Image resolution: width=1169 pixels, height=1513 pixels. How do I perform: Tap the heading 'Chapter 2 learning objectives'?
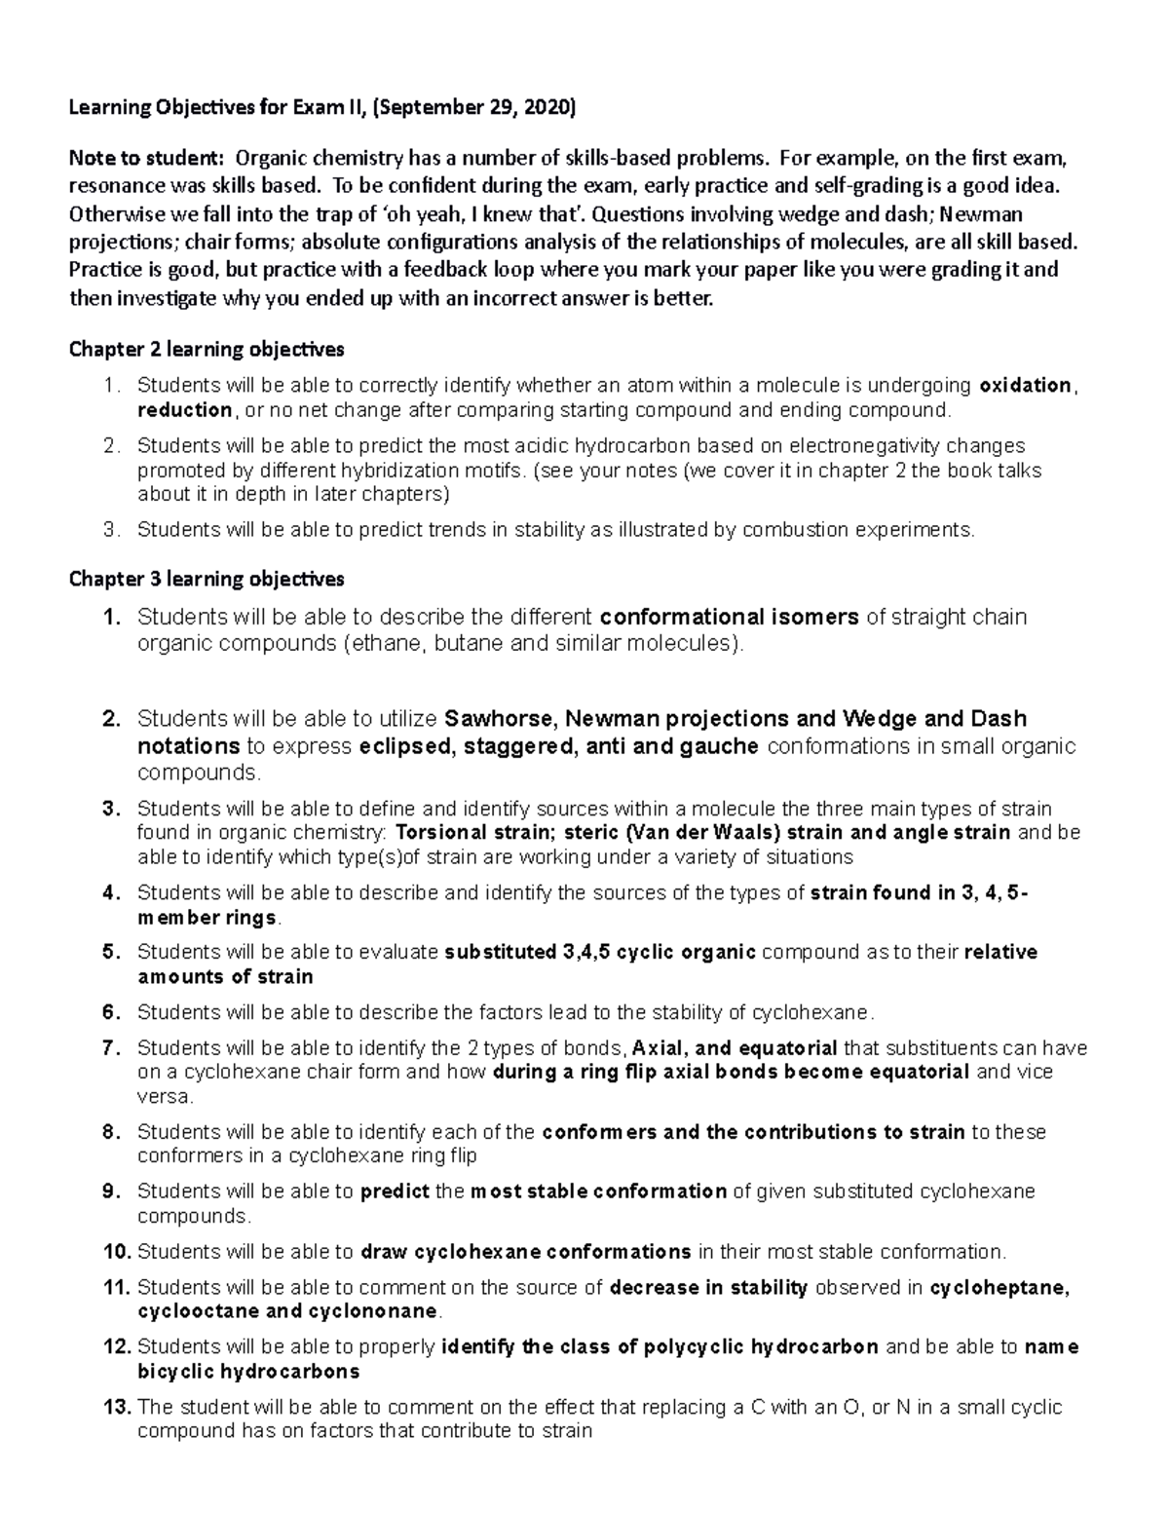[207, 349]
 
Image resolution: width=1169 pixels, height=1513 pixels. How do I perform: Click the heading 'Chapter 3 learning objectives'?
[207, 579]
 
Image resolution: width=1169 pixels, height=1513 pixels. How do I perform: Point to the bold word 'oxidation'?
[1025, 385]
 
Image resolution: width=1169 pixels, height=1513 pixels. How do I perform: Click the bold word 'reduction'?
[184, 409]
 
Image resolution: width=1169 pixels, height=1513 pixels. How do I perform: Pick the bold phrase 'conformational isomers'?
[730, 617]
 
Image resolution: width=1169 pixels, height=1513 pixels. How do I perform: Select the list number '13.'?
[116, 1407]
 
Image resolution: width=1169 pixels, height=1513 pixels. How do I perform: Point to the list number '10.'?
[116, 1251]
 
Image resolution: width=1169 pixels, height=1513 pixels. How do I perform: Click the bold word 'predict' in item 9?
[395, 1191]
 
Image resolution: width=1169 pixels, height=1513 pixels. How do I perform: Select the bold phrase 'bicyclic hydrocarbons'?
[248, 1371]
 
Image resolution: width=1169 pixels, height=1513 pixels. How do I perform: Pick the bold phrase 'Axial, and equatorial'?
[735, 1048]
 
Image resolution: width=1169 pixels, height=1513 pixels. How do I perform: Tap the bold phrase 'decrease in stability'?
[708, 1287]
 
